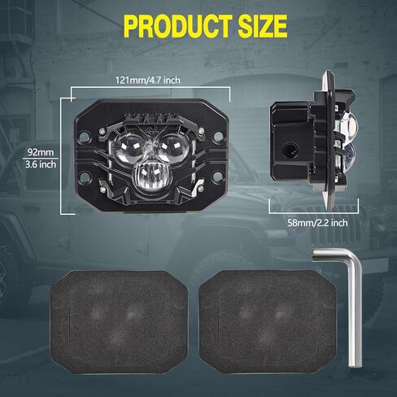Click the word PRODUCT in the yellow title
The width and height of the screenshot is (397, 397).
179,26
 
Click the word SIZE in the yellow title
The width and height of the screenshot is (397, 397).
263,26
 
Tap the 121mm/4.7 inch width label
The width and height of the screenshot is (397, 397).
148,81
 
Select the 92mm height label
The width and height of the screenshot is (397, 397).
41,152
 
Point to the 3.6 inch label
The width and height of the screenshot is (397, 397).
41,164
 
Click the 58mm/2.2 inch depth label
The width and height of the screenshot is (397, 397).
317,223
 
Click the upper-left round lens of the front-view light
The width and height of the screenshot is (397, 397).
128,149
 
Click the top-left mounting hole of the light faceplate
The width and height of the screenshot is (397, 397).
85,136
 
